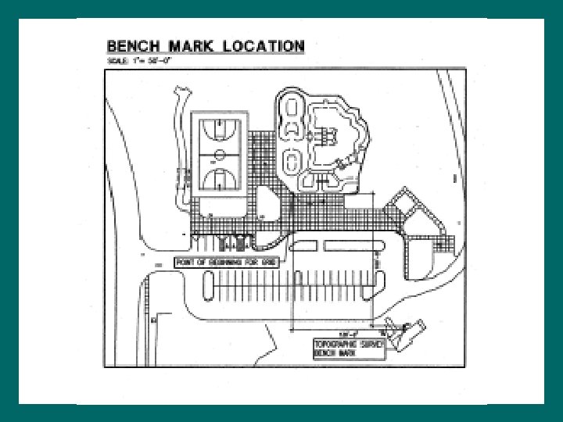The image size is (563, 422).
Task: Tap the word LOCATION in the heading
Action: (262, 45)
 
